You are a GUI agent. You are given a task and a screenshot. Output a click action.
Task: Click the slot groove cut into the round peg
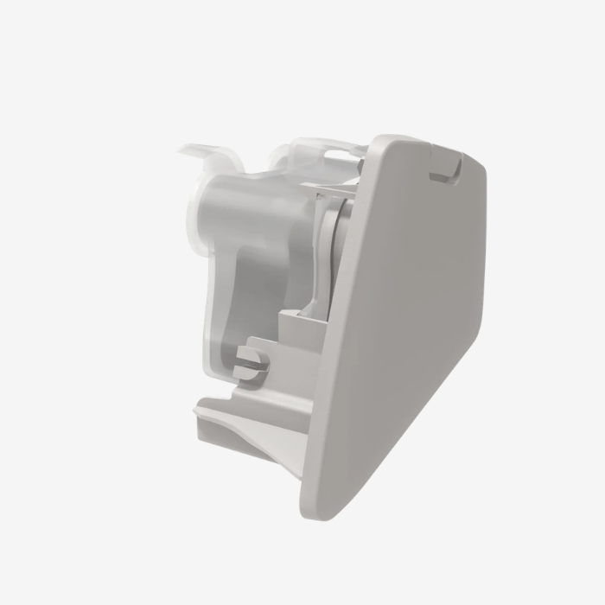pyautogui.click(x=252, y=364)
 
